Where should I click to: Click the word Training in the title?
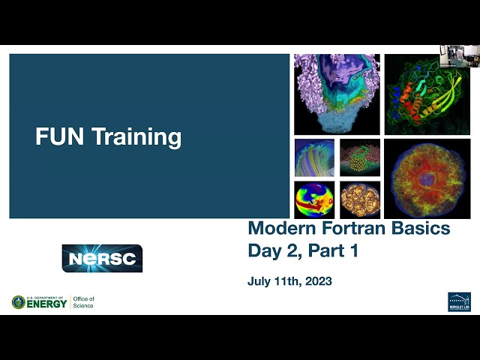click(137, 137)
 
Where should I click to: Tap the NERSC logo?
click(102, 258)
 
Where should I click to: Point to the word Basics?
click(424, 228)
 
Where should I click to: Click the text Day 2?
click(272, 251)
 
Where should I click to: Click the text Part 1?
click(331, 251)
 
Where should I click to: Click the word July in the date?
click(259, 282)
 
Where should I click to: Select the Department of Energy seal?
click(18, 302)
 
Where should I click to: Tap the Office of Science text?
click(83, 302)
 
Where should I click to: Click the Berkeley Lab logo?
click(459, 301)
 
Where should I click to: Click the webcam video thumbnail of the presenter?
click(459, 56)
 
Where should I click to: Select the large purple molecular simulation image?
click(337, 94)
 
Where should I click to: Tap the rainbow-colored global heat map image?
click(314, 199)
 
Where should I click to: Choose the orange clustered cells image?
click(360, 199)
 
